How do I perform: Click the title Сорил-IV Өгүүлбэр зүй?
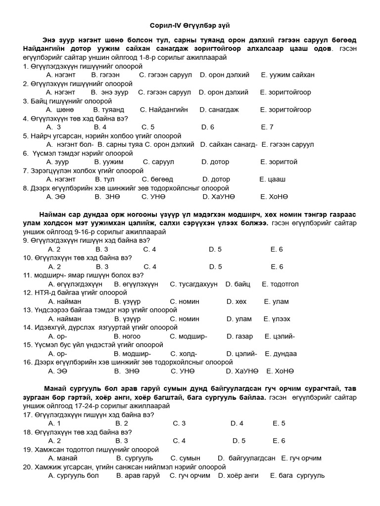190,25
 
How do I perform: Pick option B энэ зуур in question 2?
109,92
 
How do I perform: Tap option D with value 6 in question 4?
208,127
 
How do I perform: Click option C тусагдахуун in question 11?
193,284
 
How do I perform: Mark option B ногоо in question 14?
127,337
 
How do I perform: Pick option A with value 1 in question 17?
54,423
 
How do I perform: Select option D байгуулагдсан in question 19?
246,458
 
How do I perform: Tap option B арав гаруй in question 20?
138,475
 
